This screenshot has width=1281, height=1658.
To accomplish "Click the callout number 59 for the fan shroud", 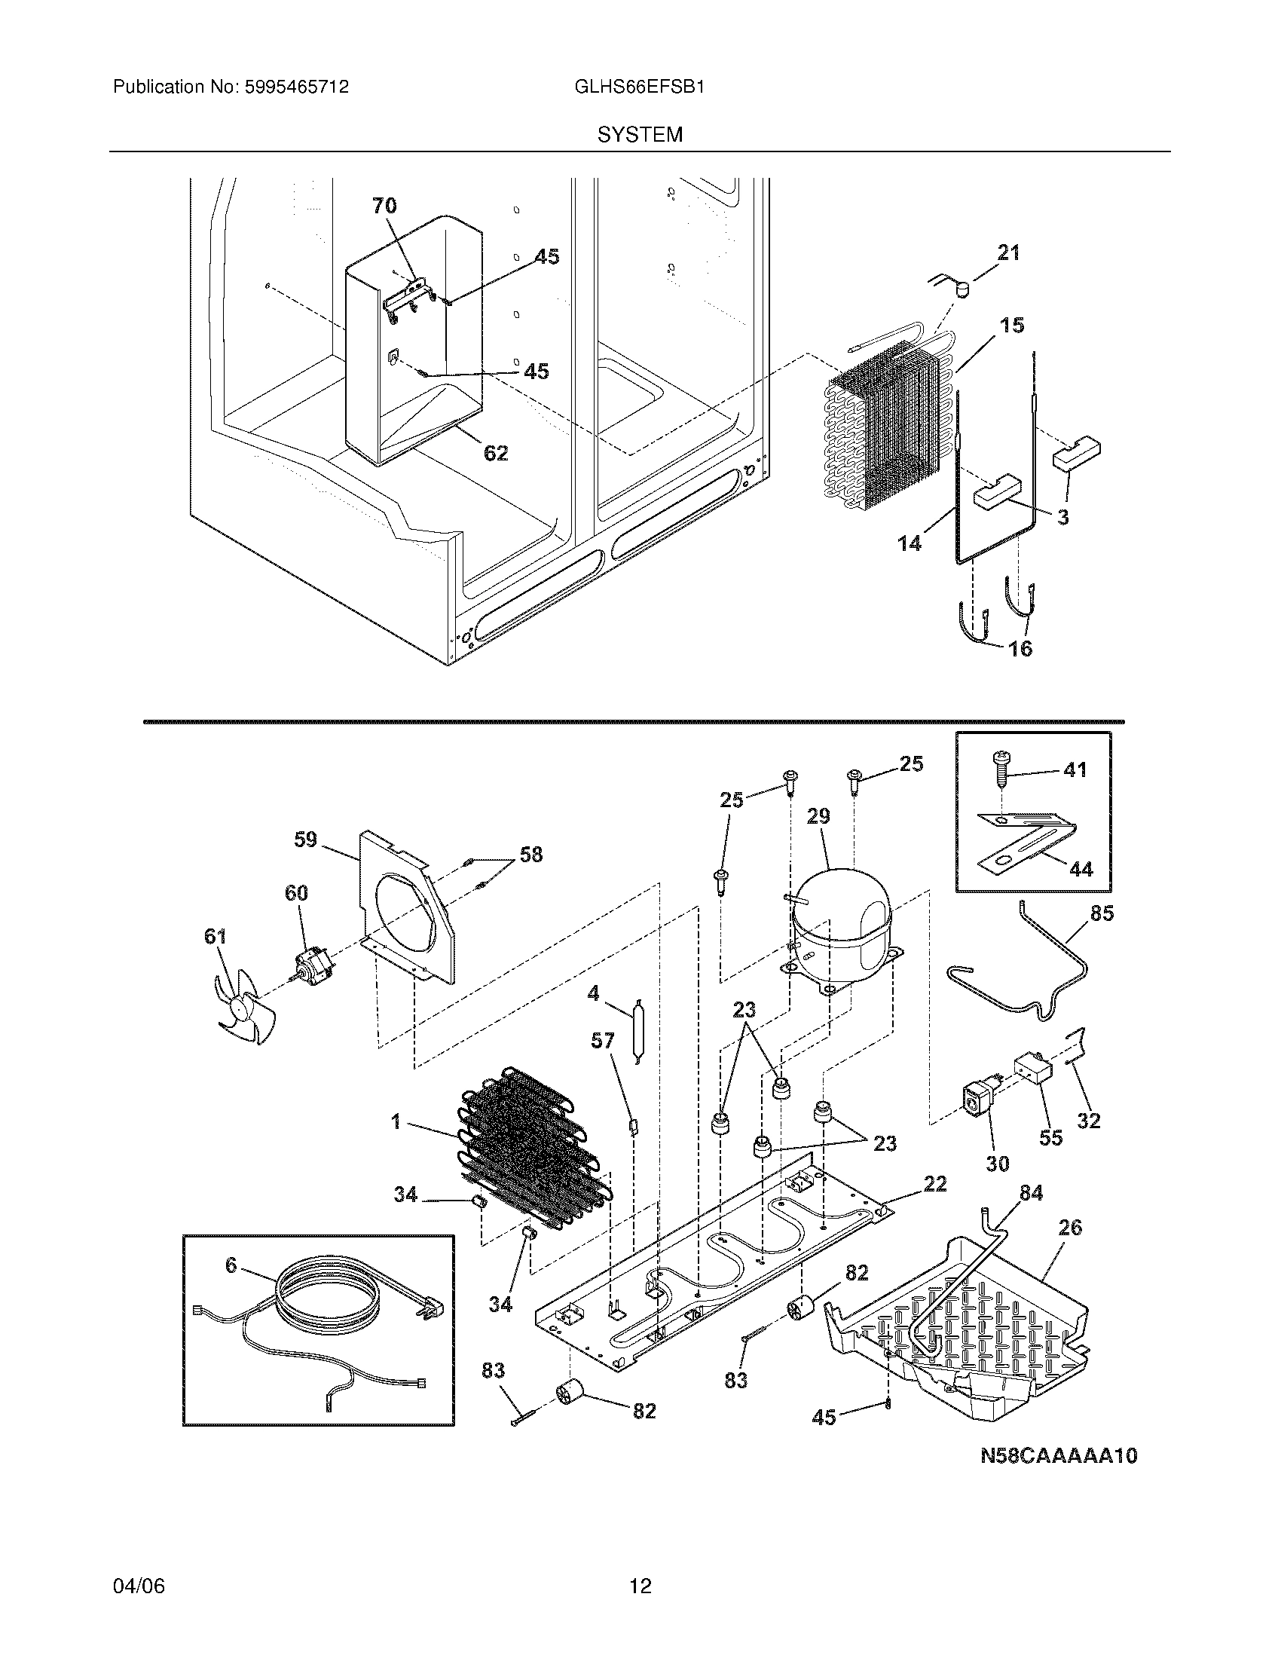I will pyautogui.click(x=305, y=840).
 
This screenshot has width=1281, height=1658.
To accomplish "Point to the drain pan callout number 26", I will pyautogui.click(x=1069, y=1228).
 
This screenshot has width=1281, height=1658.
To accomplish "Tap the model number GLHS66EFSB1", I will pyautogui.click(x=640, y=87).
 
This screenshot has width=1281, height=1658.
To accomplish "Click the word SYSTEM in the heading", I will pyautogui.click(x=640, y=135).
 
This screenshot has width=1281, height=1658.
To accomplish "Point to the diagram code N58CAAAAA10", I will pyautogui.click(x=1059, y=1456).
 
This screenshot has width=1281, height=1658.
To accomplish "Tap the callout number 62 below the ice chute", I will pyautogui.click(x=496, y=453).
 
